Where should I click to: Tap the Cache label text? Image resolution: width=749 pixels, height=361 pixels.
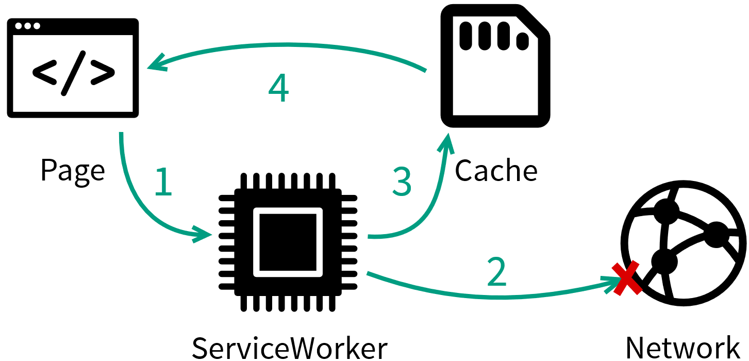496,170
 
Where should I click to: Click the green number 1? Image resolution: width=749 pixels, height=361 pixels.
163,182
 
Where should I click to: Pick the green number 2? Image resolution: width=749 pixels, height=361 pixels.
497,272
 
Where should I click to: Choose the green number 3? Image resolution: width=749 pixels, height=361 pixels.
402,182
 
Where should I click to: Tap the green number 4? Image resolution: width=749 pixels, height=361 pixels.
278,89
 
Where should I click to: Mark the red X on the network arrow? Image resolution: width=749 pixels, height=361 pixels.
625,278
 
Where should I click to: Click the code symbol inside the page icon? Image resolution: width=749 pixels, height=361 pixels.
73,74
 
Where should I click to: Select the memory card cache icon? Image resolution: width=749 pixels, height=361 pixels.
495,66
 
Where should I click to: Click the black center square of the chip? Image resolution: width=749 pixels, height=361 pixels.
288,242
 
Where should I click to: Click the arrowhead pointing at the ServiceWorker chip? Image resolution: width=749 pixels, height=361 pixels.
204,234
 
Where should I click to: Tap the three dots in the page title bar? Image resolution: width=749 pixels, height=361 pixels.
27,26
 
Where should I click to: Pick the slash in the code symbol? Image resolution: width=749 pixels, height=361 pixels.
73,74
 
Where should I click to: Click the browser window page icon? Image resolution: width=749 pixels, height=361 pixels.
73,68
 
